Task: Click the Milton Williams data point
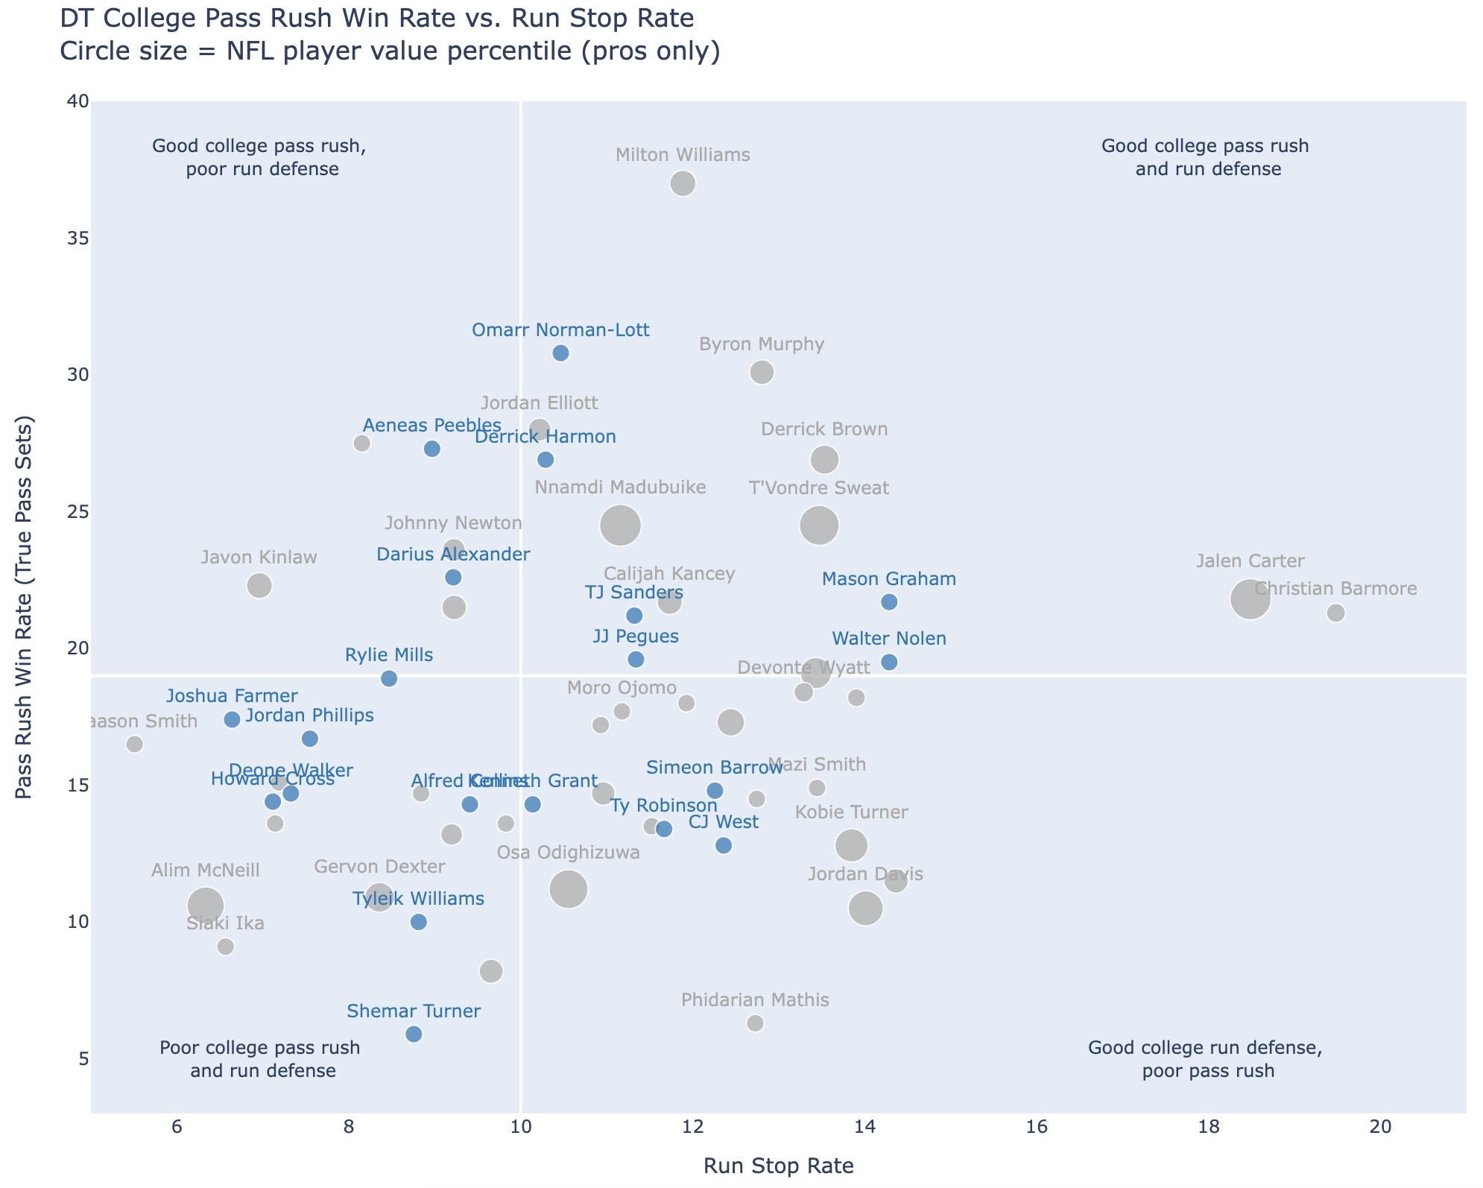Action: click(683, 183)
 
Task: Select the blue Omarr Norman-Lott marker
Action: click(561, 353)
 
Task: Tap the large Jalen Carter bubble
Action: click(1250, 599)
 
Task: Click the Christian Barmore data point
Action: click(1335, 613)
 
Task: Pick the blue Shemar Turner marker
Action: click(414, 1034)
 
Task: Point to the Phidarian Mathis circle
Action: click(755, 1023)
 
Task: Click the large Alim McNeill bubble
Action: click(206, 905)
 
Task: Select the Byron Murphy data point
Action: click(762, 372)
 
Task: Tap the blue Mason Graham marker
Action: click(889, 602)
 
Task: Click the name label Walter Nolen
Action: click(889, 639)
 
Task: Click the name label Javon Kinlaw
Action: click(259, 557)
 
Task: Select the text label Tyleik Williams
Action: click(417, 899)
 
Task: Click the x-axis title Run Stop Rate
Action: click(778, 1166)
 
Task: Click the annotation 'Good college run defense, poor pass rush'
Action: click(1205, 1059)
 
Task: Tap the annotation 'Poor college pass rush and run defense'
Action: click(261, 1059)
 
